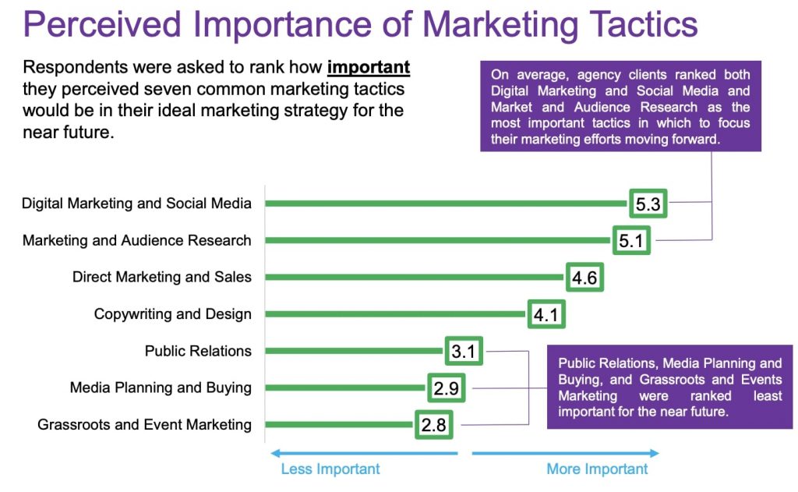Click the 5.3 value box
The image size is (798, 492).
coord(648,204)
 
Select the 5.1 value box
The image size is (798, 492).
coord(631,240)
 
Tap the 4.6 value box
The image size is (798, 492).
coord(584,278)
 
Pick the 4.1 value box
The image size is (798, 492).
coord(546,314)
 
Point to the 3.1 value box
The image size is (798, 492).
coord(464,351)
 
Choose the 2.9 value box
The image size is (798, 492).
coord(446,388)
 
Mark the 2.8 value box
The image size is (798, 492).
coord(433,425)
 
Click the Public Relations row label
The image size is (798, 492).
coord(198,351)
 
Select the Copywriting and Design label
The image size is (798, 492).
coord(172,314)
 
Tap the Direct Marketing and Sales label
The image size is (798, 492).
coord(162,277)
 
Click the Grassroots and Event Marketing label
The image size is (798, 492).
coord(144,425)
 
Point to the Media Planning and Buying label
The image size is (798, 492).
coord(161,388)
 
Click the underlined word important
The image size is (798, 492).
coord(369,68)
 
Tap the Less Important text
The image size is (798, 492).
coord(330,469)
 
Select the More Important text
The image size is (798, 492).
coord(597,469)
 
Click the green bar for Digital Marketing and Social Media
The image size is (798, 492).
coord(446,204)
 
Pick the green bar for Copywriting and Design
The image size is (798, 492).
coord(395,314)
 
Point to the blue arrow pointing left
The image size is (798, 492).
coord(364,453)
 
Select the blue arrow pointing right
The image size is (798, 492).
coord(566,453)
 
